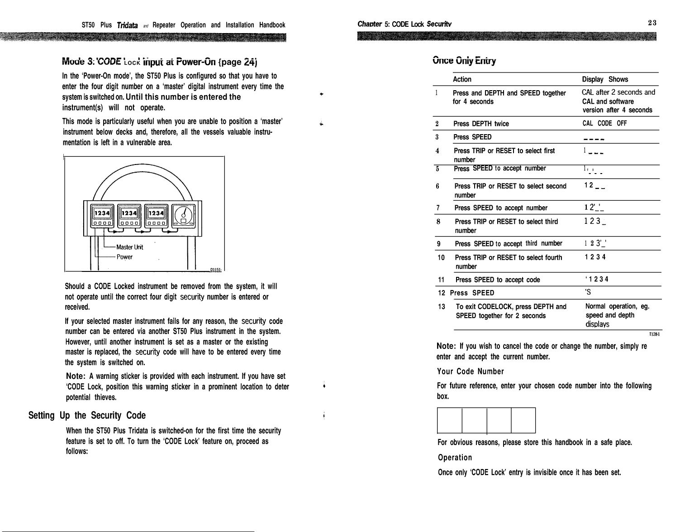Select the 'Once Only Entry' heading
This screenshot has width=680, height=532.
coord(464,61)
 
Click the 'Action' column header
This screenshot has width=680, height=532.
coord(462,79)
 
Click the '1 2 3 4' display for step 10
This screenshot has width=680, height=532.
coord(595,257)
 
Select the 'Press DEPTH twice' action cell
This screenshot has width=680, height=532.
coord(481,124)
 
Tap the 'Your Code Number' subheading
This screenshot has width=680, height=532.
coord(470,372)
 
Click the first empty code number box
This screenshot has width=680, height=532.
coord(450,420)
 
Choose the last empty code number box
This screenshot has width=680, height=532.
coord(523,420)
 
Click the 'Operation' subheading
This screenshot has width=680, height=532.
coord(455,458)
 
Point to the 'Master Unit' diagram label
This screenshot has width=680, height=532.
coord(129,247)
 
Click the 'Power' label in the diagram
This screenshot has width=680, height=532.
coord(124,257)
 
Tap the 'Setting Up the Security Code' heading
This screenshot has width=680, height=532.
coord(87,416)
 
